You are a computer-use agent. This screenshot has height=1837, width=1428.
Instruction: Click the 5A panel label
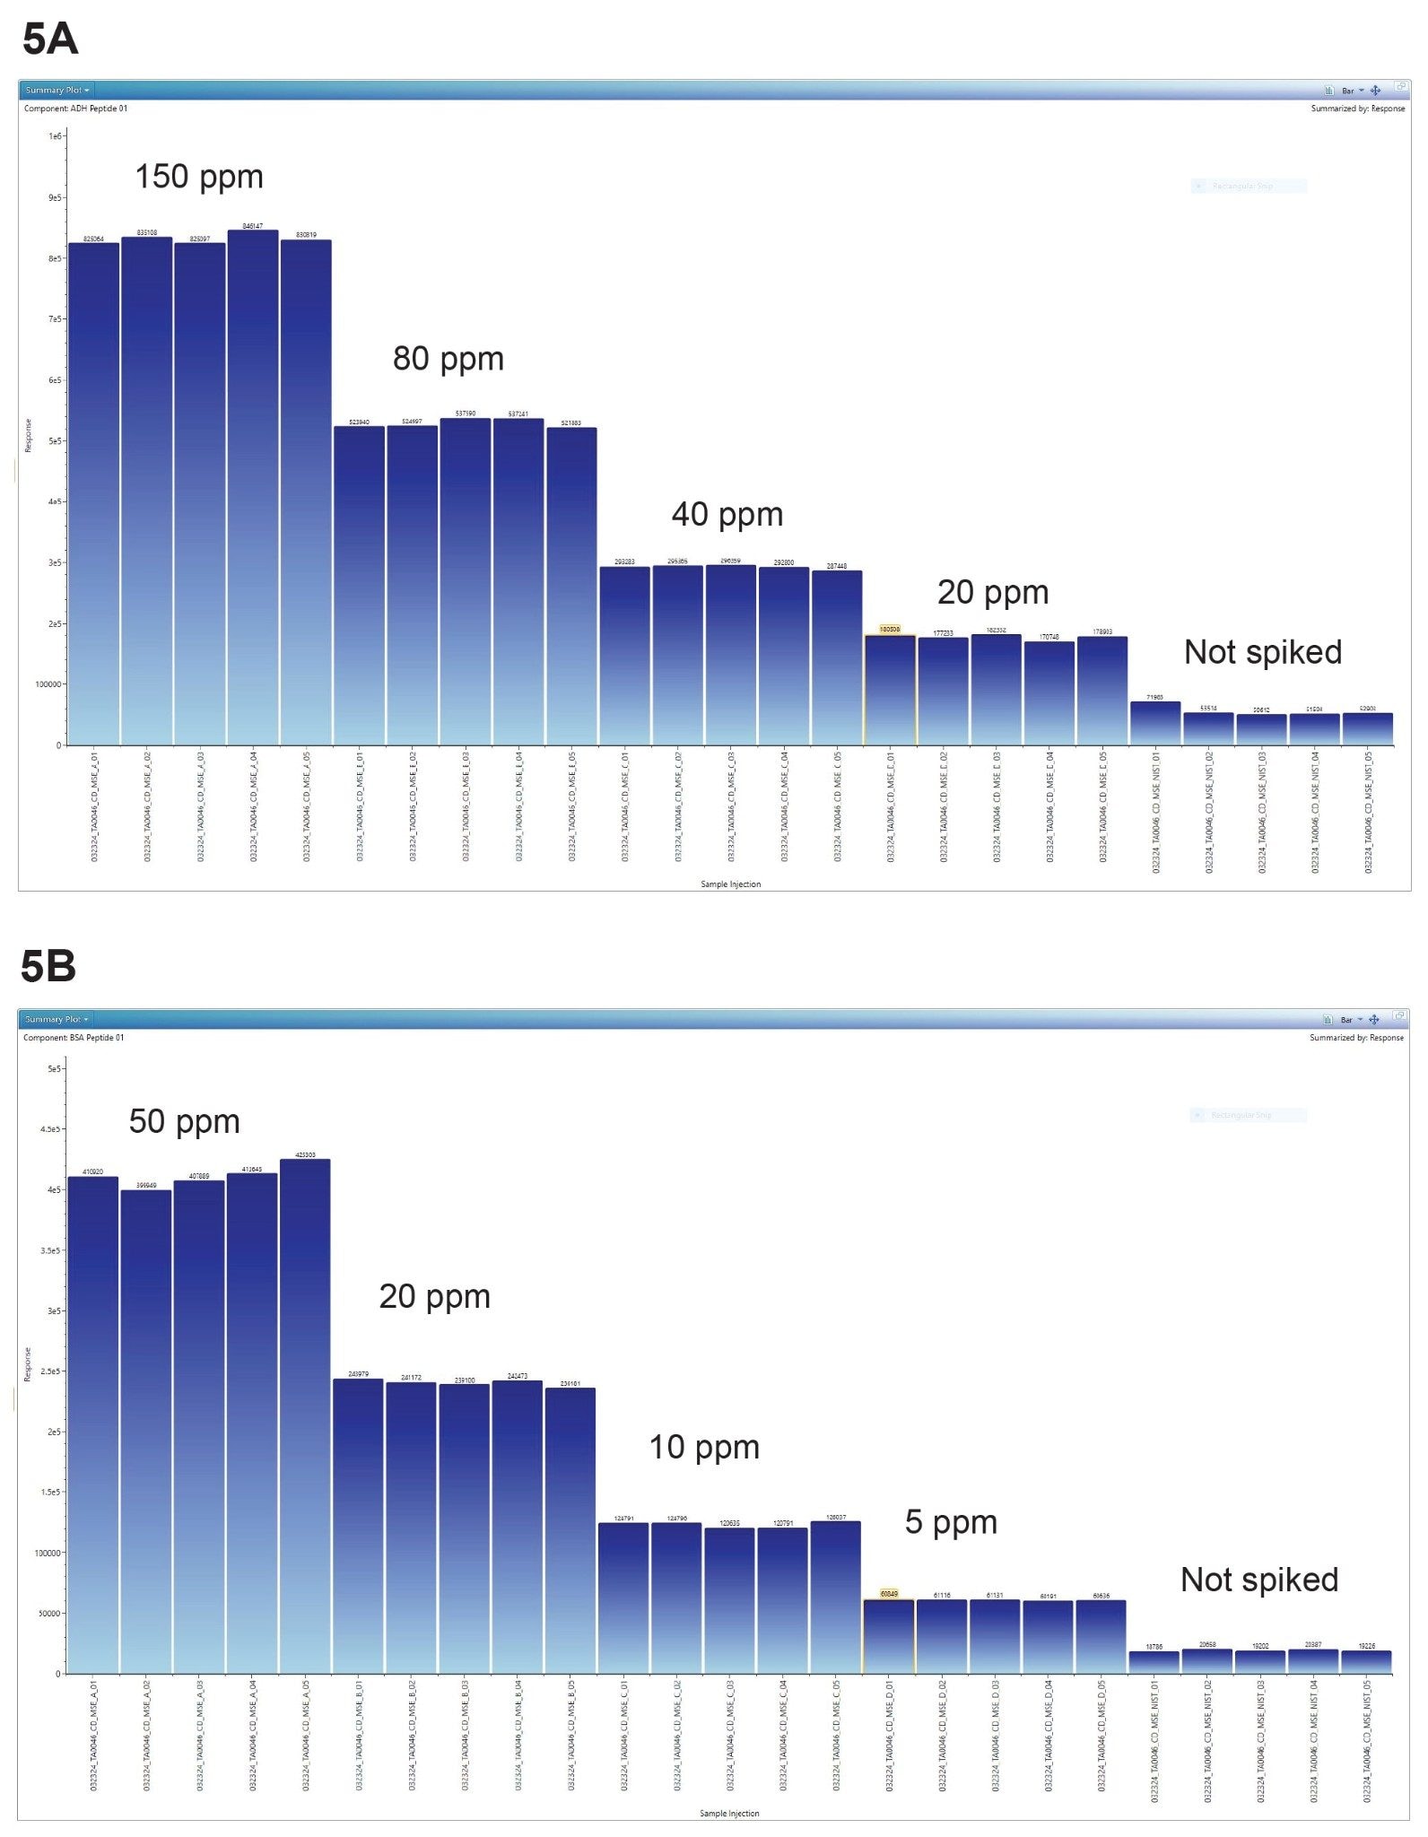(50, 39)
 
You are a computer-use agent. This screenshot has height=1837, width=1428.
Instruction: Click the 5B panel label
(48, 966)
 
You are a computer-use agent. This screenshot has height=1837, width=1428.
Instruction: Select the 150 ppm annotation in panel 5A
(198, 177)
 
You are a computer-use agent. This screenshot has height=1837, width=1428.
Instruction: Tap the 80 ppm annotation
(448, 359)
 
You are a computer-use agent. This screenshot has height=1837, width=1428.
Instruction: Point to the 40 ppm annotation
(727, 515)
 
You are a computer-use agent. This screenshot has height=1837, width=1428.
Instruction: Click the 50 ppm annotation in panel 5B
(184, 1121)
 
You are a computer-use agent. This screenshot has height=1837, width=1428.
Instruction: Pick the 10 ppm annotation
(703, 1447)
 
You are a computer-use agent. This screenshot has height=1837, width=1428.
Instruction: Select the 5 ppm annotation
(950, 1522)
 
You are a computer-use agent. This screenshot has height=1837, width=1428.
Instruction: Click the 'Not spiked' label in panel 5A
(1262, 652)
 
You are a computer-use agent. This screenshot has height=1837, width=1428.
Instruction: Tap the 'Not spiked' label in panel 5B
(1258, 1580)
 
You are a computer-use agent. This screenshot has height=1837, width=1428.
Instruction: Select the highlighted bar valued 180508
(890, 691)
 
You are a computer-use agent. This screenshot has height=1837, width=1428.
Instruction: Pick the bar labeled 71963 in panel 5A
(1154, 724)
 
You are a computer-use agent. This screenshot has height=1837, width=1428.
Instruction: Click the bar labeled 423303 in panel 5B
(305, 1417)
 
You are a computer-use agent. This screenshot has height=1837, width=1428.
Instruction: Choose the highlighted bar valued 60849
(888, 1637)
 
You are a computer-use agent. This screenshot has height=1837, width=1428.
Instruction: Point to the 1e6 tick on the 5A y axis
(55, 136)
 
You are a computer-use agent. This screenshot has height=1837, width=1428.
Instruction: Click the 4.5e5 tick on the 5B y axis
(51, 1129)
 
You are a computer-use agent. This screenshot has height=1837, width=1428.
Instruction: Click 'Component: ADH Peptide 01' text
(75, 109)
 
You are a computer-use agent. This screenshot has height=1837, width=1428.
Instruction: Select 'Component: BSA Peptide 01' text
(74, 1038)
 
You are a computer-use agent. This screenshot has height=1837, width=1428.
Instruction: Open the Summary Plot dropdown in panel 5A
(57, 90)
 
